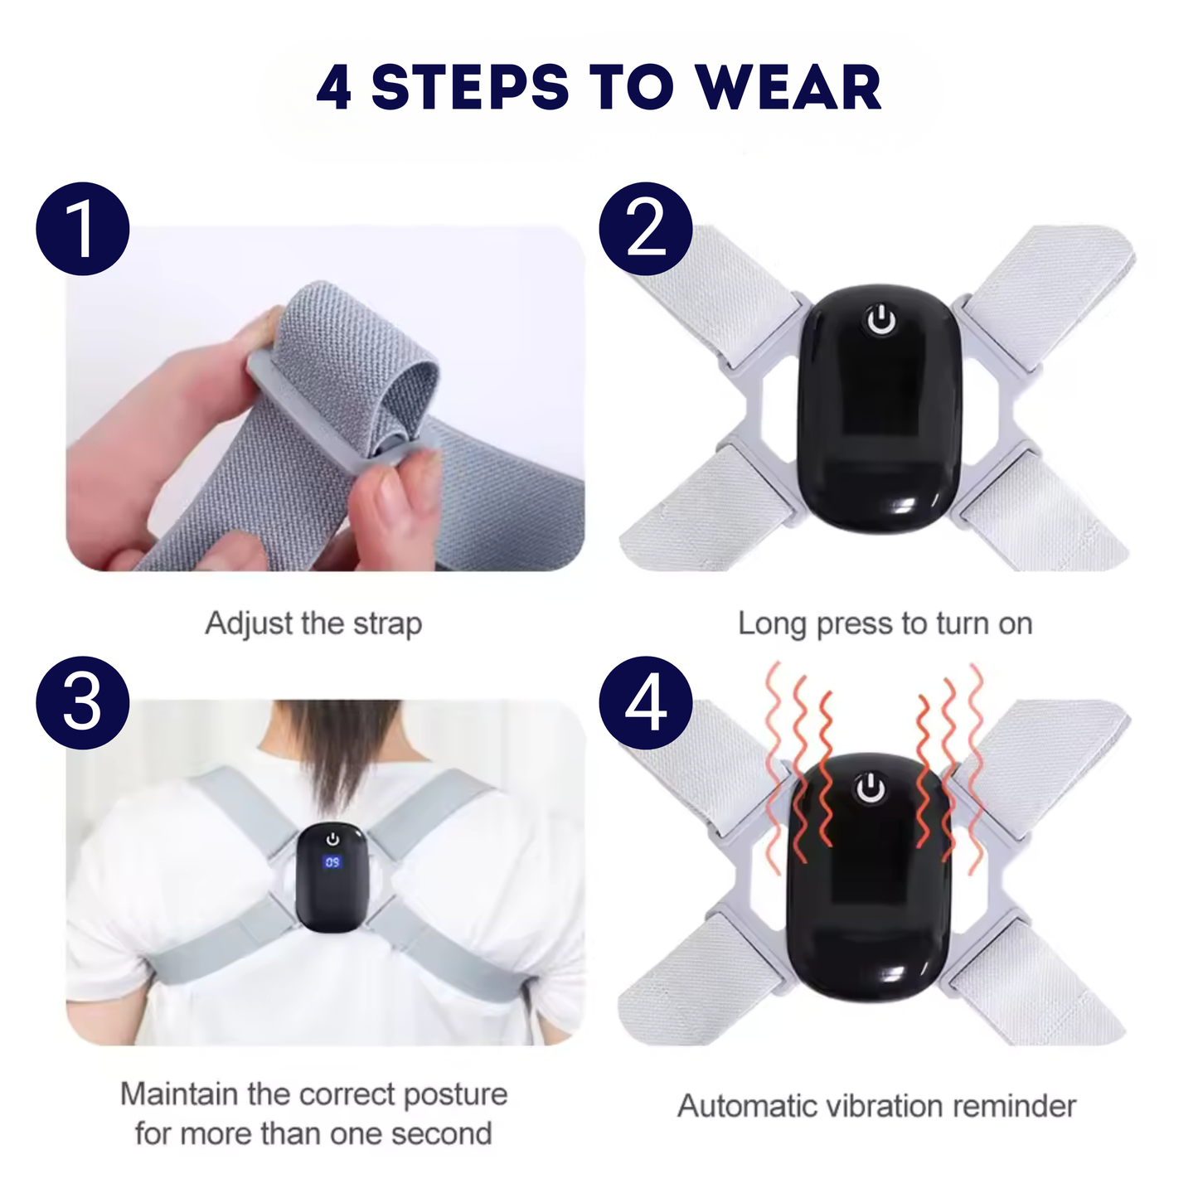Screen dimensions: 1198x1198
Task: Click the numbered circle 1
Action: coord(82,229)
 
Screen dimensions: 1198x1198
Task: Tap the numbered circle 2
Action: coord(646,229)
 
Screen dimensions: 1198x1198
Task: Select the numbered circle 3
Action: coord(82,703)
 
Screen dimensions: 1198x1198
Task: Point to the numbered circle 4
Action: coord(646,703)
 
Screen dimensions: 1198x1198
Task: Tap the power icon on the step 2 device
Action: coord(881,320)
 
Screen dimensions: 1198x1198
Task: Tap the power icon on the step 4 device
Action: coord(870,788)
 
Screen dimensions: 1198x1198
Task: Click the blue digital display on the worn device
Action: coord(332,862)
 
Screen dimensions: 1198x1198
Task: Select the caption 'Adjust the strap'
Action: coord(313,623)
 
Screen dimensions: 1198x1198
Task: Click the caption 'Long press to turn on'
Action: coord(885,623)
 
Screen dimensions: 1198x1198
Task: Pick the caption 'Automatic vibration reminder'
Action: coord(876,1106)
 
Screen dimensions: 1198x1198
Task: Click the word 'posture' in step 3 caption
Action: coord(454,1094)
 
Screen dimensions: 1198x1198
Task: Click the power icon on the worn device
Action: coord(332,839)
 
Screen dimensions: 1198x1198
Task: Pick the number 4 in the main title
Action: coord(334,88)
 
